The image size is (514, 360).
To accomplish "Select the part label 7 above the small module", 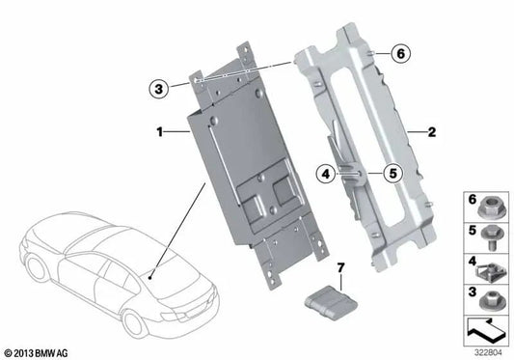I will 338,265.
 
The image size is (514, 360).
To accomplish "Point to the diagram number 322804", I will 488,352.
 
